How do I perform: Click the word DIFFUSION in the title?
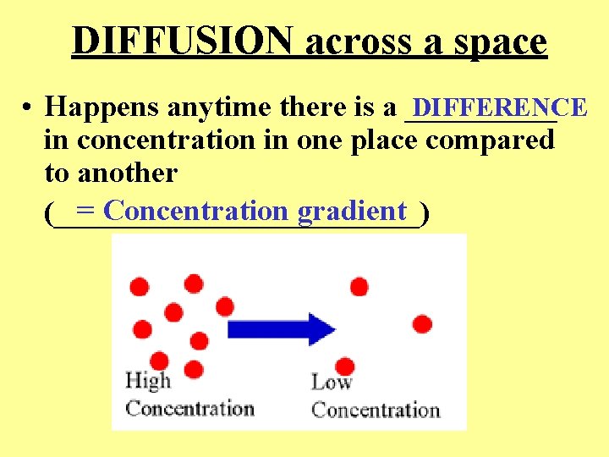[x=184, y=41]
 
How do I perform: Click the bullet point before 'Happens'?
[x=29, y=108]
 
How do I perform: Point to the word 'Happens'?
[x=102, y=107]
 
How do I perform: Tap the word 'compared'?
[x=490, y=140]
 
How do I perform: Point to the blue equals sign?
[x=85, y=211]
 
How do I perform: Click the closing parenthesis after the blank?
[x=424, y=213]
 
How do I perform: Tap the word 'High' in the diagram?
[x=147, y=381]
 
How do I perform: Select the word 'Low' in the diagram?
[x=331, y=382]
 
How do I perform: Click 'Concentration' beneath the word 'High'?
[x=189, y=409]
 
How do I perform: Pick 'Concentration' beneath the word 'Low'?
[x=376, y=410]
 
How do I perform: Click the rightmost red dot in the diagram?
[x=422, y=323]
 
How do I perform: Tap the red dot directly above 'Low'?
[x=344, y=366]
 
